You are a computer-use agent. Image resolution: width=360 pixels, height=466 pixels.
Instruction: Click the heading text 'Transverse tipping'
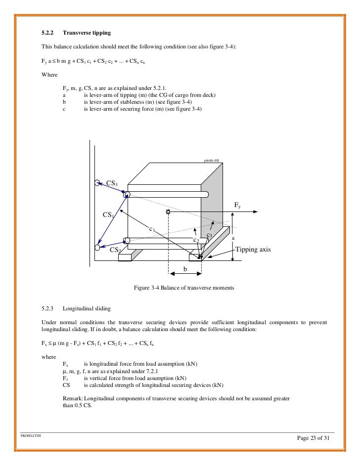click(87, 34)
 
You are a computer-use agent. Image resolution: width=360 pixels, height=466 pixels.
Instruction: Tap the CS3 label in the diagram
click(112, 184)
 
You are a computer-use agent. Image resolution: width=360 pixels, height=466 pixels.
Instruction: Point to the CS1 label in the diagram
click(108, 215)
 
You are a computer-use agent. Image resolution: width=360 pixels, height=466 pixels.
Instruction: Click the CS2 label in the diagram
click(115, 250)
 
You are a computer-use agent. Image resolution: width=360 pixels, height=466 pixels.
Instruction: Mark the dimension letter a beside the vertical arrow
click(232, 238)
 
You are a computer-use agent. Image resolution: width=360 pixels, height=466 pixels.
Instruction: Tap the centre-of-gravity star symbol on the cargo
click(169, 212)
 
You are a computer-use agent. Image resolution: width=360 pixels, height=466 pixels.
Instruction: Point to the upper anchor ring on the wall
click(98, 182)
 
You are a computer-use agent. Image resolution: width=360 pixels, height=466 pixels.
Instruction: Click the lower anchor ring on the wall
click(97, 247)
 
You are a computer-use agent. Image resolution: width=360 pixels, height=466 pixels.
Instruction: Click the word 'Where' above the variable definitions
click(49, 76)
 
